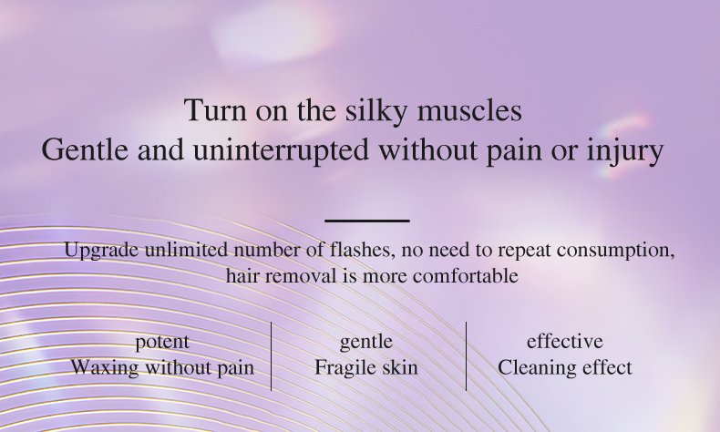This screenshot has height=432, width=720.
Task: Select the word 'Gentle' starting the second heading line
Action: click(85, 149)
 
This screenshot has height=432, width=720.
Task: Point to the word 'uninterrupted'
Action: click(281, 150)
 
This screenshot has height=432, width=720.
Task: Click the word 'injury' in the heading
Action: click(624, 150)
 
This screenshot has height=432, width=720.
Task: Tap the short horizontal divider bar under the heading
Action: click(367, 221)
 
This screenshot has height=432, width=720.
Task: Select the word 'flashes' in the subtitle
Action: click(362, 251)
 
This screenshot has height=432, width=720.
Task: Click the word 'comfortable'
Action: click(465, 276)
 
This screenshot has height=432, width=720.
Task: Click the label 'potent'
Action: click(162, 343)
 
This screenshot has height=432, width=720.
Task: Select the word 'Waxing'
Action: click(104, 368)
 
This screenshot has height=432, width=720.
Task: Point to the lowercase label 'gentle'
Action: click(366, 343)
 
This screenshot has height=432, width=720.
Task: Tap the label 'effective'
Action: click(564, 342)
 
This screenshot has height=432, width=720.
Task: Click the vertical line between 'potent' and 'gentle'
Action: click(271, 356)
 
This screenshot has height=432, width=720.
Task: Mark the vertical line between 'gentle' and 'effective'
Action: click(466, 356)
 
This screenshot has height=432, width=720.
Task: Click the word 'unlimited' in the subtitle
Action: click(186, 251)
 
